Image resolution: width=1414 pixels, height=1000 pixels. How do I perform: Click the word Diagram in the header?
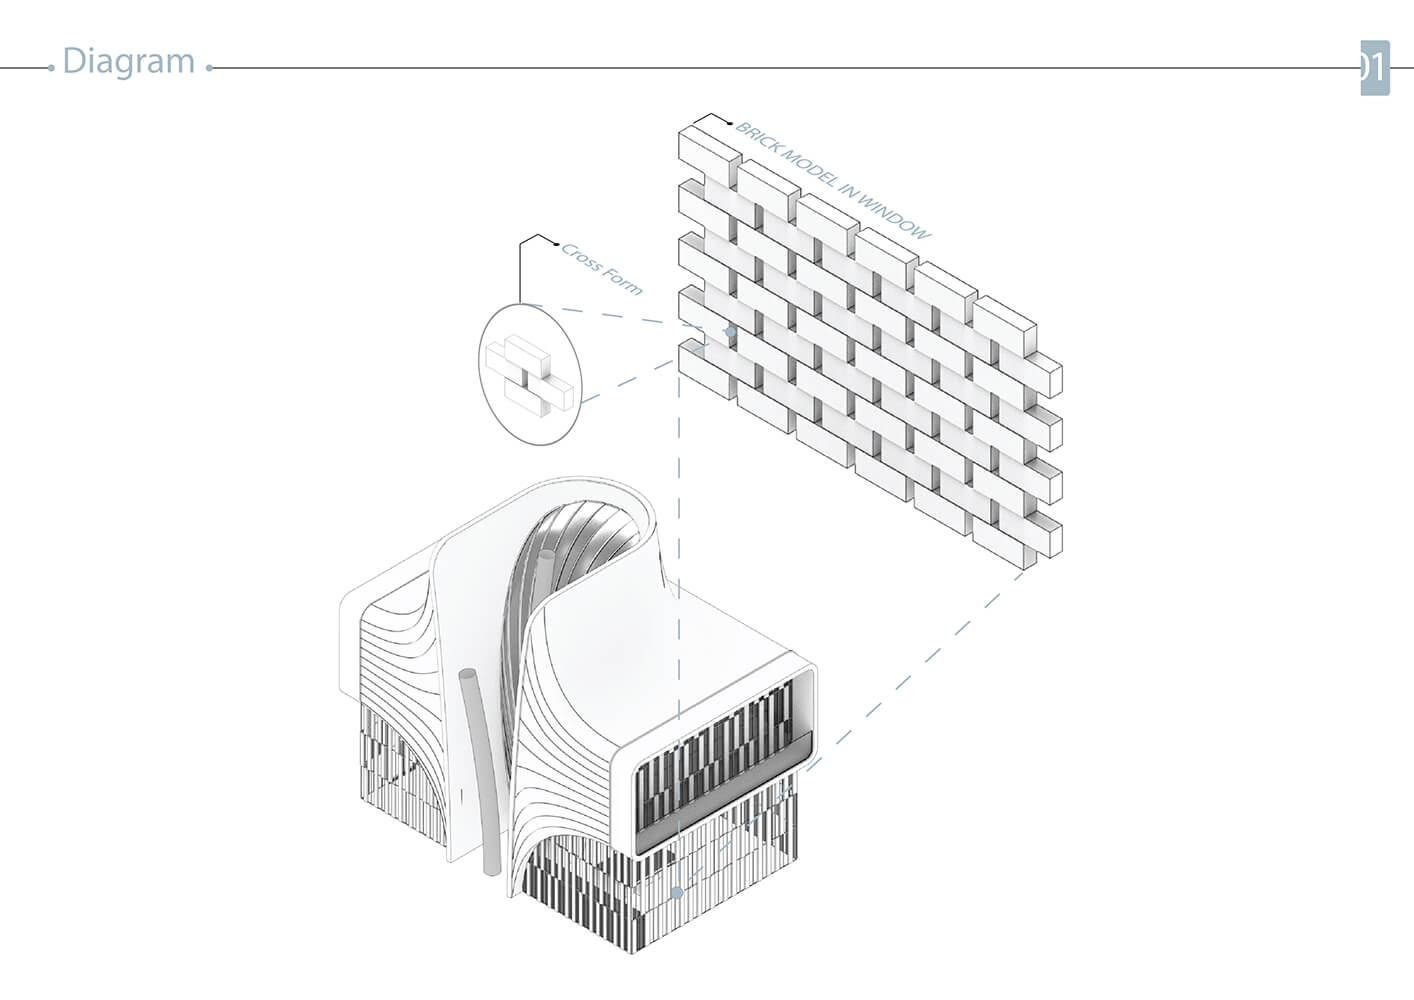click(129, 62)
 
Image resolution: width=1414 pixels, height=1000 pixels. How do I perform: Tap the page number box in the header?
click(1375, 68)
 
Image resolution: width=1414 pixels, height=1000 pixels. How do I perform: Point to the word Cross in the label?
click(580, 259)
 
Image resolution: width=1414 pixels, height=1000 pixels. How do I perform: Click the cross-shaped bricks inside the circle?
click(530, 376)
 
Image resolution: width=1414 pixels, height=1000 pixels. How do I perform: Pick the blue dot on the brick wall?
click(730, 332)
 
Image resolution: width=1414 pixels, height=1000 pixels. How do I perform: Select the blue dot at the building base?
click(677, 893)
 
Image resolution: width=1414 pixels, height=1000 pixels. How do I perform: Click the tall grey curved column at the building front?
click(481, 771)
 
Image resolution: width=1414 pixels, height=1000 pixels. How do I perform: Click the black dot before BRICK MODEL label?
click(730, 124)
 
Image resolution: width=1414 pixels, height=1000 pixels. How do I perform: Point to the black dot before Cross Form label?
click(556, 244)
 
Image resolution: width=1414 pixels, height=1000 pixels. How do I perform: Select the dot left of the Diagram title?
click(51, 68)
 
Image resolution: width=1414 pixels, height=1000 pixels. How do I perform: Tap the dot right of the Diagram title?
click(209, 68)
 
